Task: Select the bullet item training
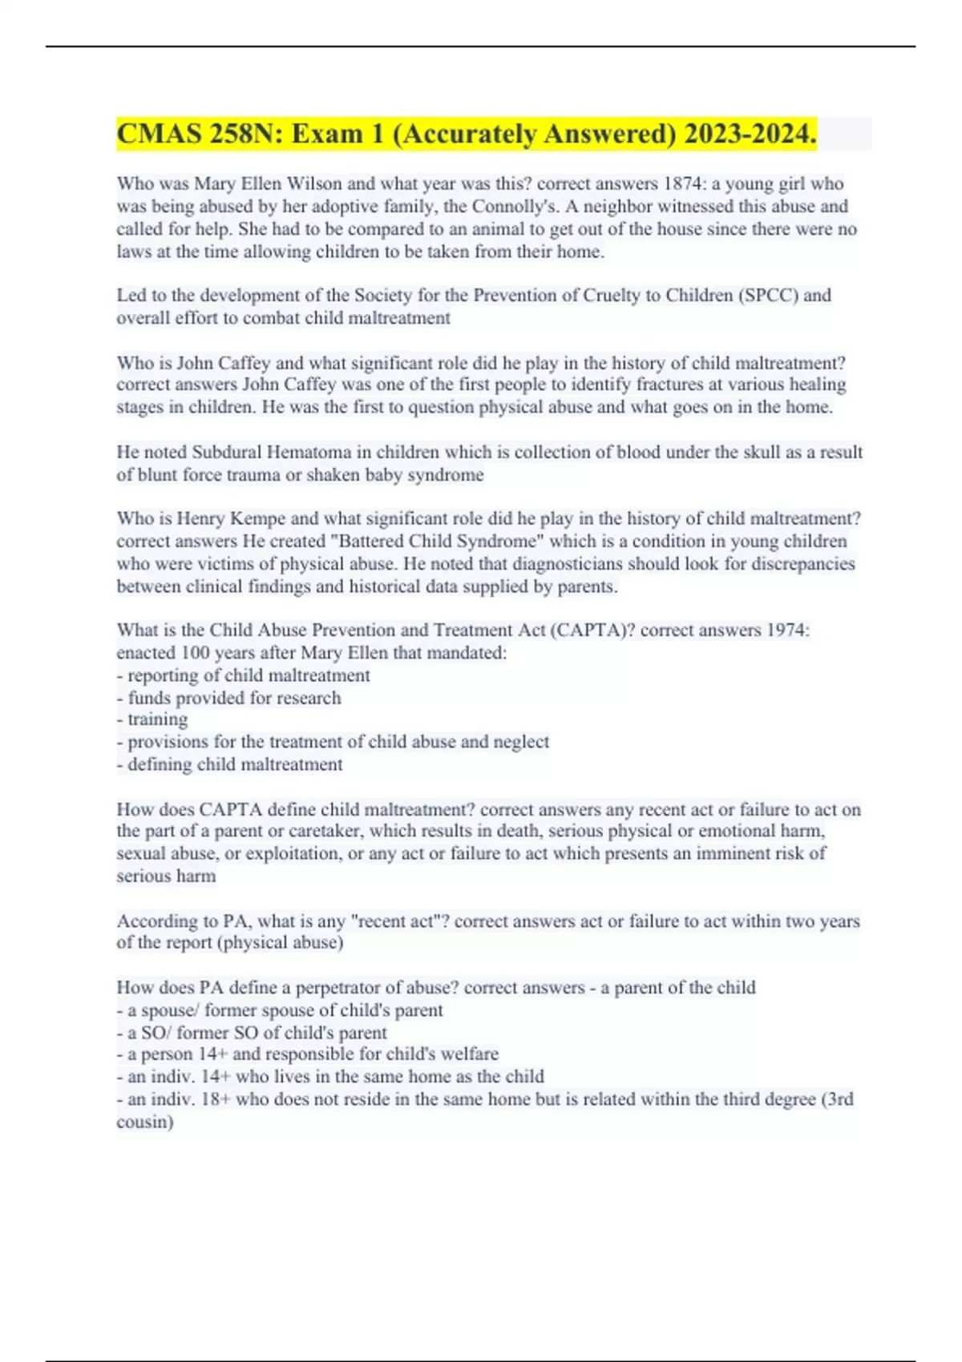157,719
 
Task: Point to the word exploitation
292,853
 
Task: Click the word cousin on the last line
144,1122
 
